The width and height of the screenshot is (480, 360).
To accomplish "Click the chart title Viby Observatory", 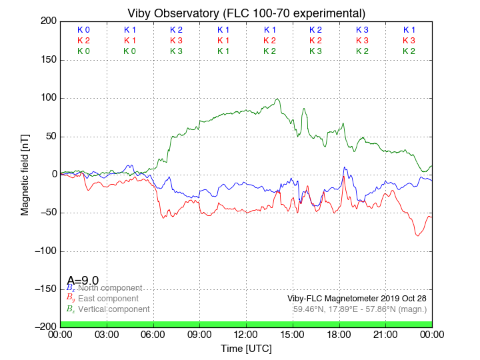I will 246,13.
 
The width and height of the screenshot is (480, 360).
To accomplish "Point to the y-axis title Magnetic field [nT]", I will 25,173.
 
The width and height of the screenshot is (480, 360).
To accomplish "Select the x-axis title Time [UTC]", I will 246,348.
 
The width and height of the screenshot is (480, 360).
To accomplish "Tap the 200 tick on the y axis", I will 48,21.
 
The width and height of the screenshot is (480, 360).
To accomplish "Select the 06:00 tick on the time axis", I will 153,334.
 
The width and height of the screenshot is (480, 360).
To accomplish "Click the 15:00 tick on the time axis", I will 293,334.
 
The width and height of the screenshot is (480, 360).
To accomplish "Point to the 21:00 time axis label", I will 386,334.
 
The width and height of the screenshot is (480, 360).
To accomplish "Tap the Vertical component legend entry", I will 113,309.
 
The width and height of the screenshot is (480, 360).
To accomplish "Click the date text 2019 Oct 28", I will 403,299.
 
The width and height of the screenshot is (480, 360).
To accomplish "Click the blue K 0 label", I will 83,30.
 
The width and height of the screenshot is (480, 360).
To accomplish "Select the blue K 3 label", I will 362,30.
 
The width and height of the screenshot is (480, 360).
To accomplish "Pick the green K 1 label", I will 223,51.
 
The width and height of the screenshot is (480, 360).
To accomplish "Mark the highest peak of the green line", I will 277,99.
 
